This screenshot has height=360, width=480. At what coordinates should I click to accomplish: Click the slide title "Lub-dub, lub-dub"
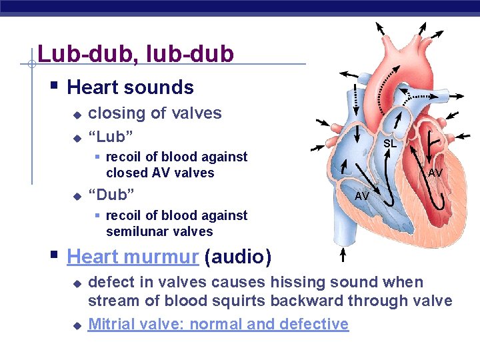[136, 53]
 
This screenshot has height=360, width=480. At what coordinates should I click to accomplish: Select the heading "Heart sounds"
[131, 87]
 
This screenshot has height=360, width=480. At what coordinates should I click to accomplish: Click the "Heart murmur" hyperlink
[133, 257]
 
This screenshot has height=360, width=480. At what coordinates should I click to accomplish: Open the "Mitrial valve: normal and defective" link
[218, 324]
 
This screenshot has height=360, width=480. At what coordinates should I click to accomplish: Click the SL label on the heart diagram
[390, 143]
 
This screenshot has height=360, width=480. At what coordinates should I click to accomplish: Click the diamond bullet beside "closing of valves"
[77, 115]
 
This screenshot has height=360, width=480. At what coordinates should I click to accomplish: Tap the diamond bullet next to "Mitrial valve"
[77, 325]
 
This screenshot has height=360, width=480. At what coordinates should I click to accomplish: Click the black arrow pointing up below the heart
[343, 256]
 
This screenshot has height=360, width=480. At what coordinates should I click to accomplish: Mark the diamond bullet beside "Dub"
[77, 196]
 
